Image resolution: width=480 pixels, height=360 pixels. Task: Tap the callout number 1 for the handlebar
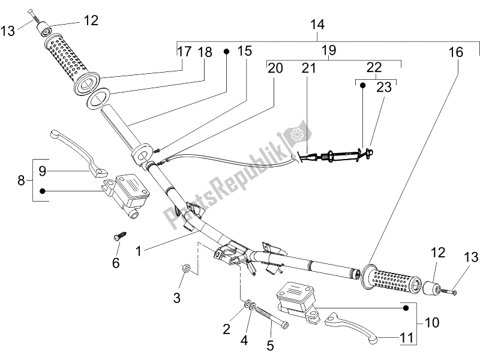(x=139, y=253)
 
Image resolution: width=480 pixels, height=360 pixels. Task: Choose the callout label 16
(x=456, y=53)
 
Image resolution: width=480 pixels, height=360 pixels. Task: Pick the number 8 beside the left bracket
(x=22, y=180)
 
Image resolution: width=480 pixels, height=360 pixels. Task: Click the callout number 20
(x=275, y=68)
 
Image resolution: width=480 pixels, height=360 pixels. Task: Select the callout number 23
(x=383, y=88)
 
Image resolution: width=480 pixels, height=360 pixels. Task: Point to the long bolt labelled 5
(x=272, y=317)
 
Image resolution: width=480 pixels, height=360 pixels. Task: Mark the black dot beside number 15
(x=227, y=52)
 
